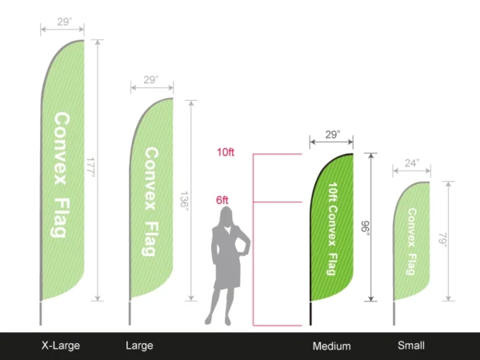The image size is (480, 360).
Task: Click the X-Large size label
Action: pyautogui.click(x=61, y=346)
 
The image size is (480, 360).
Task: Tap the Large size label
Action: pyautogui.click(x=139, y=346)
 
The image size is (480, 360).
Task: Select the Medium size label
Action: pyautogui.click(x=332, y=346)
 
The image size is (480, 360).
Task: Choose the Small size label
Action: pyautogui.click(x=411, y=346)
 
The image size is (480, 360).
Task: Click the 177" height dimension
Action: pyautogui.click(x=90, y=170)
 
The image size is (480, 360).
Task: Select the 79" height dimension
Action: pyautogui.click(x=441, y=240)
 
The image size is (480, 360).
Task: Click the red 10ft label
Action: pyautogui.click(x=226, y=152)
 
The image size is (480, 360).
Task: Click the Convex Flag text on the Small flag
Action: pyautogui.click(x=410, y=241)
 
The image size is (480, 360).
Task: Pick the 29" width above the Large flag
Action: pyautogui.click(x=151, y=81)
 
